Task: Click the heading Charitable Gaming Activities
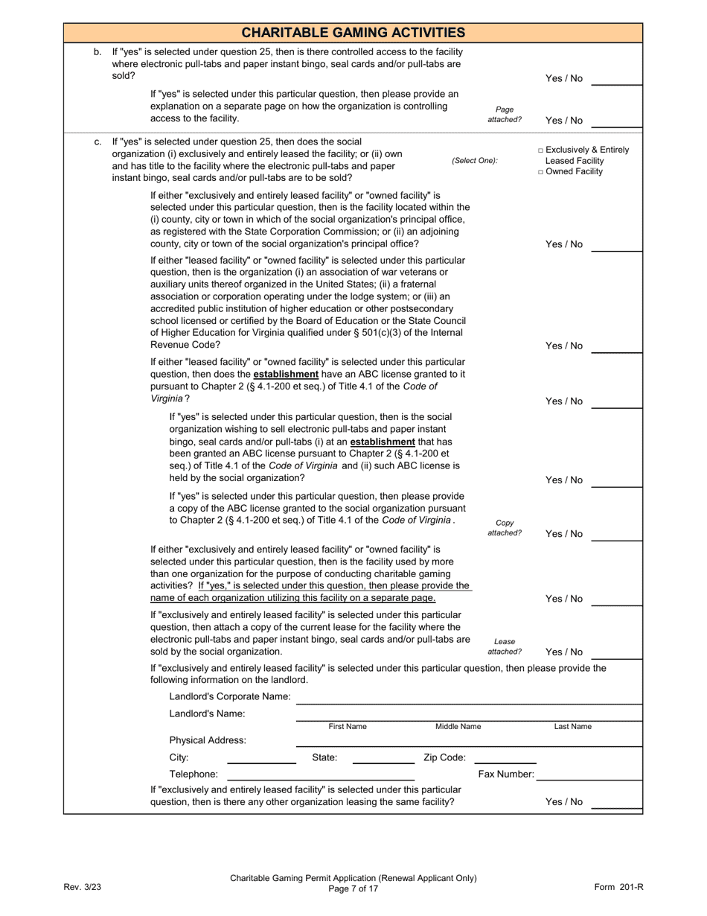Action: pyautogui.click(x=353, y=33)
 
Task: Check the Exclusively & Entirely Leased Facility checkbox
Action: pyautogui.click(x=541, y=150)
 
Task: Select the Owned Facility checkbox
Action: pyautogui.click(x=541, y=172)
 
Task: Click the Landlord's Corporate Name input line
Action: pyautogui.click(x=468, y=697)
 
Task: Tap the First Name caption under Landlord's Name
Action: pyautogui.click(x=348, y=727)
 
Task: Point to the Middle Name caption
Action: pyautogui.click(x=458, y=727)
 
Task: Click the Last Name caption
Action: pyautogui.click(x=572, y=727)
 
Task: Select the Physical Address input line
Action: pyautogui.click(x=468, y=740)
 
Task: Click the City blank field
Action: pyautogui.click(x=261, y=758)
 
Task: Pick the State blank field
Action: pyautogui.click(x=383, y=758)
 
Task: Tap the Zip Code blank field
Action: pyautogui.click(x=505, y=758)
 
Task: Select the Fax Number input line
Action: pyautogui.click(x=589, y=775)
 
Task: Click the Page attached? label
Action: pyautogui.click(x=505, y=114)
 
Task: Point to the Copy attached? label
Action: pyautogui.click(x=505, y=528)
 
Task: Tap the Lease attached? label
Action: pyautogui.click(x=505, y=646)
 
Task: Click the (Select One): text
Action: pyautogui.click(x=475, y=161)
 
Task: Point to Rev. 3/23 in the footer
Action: pyautogui.click(x=82, y=887)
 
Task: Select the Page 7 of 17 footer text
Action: pyautogui.click(x=353, y=888)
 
